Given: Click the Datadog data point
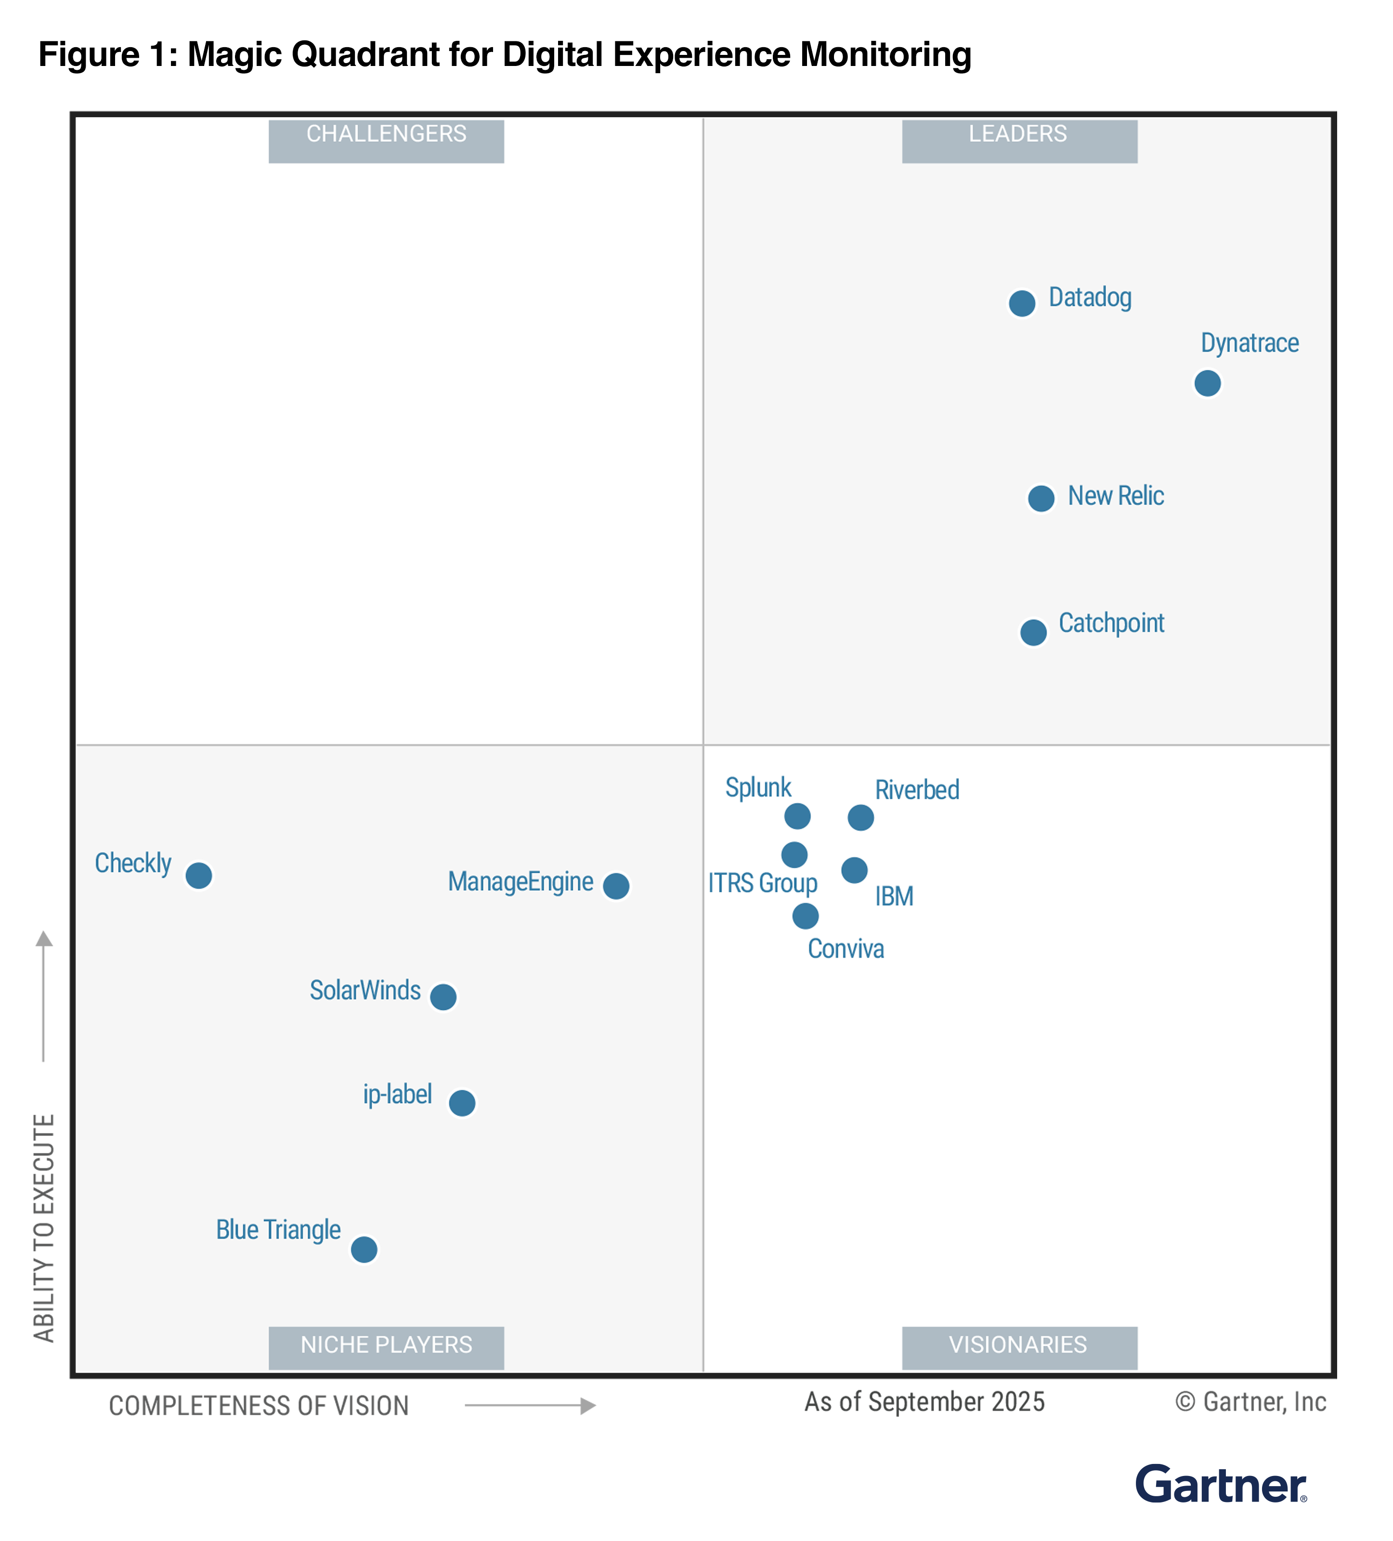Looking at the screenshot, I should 1022,303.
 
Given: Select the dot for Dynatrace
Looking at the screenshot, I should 1207,383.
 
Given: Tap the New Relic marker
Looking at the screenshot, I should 1041,498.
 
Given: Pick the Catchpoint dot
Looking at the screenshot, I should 1033,632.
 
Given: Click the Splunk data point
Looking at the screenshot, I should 797,816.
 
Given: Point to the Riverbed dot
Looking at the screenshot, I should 860,818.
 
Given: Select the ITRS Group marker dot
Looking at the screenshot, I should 794,855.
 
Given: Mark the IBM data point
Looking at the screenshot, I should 854,870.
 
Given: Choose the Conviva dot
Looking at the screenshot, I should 806,916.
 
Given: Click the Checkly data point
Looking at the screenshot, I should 199,875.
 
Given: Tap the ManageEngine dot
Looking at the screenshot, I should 616,886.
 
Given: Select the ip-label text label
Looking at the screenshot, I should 397,1095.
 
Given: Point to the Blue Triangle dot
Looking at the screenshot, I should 364,1250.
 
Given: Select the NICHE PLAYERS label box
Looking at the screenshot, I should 386,1347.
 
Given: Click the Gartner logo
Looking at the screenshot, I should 1220,1485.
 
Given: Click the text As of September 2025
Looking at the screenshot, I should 924,1402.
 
